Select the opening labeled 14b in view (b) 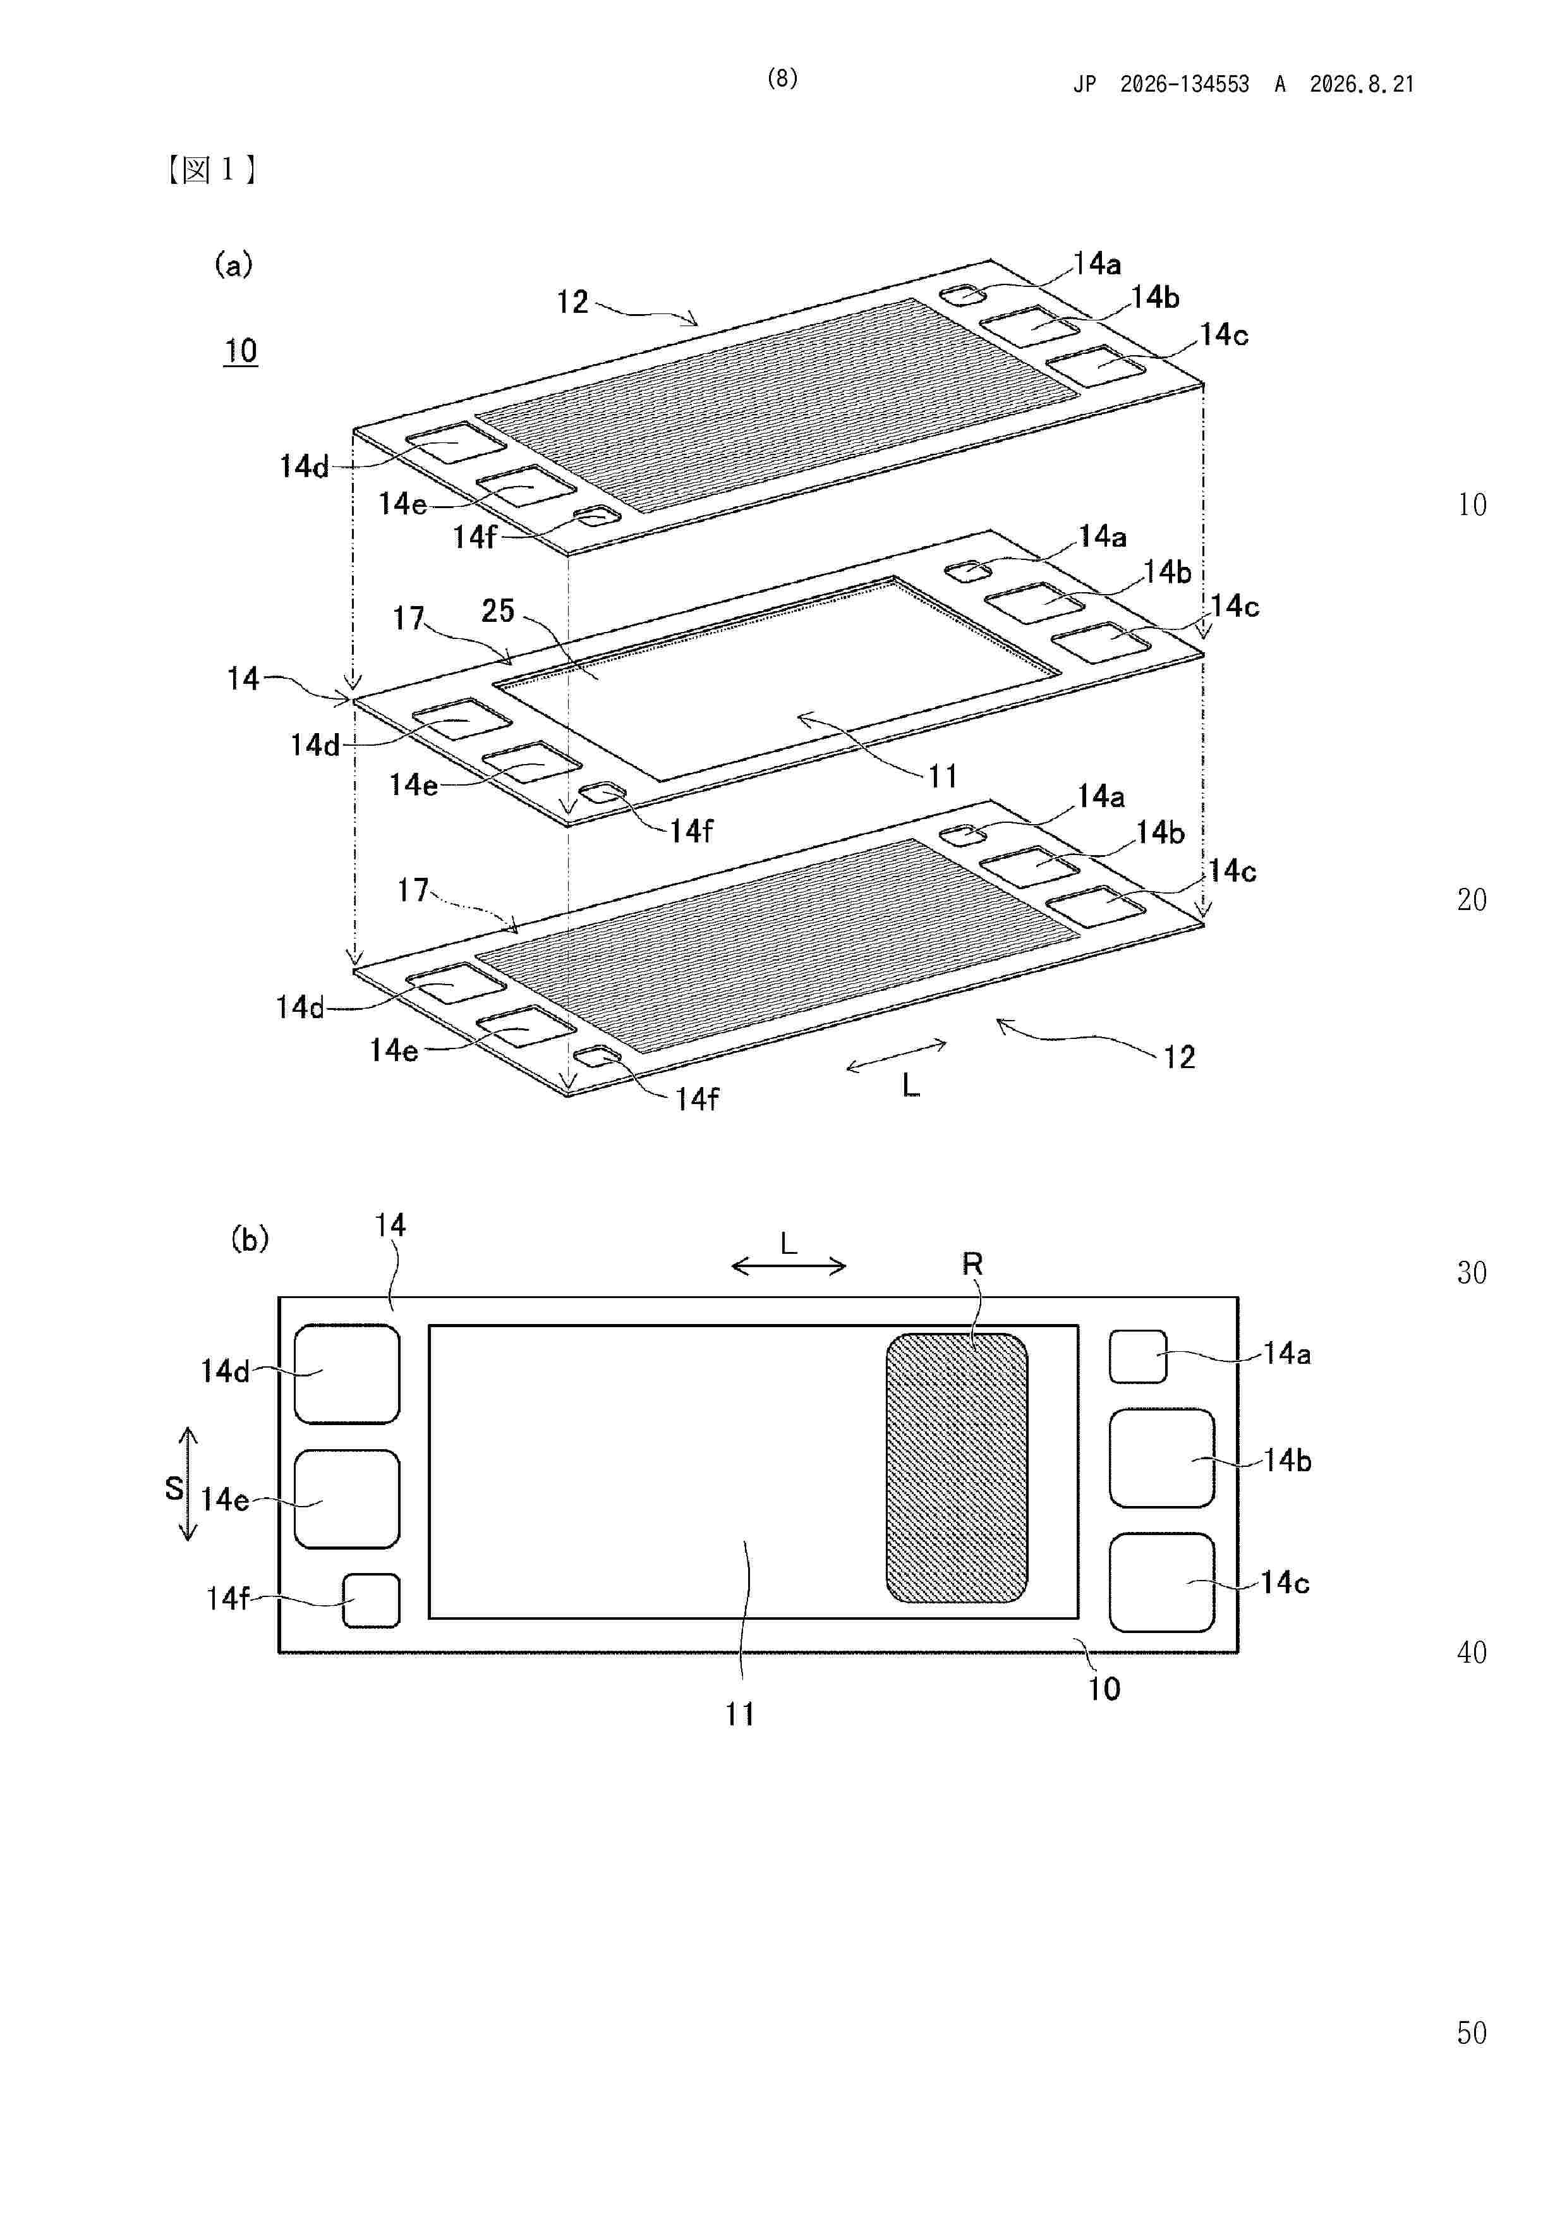point(1161,1458)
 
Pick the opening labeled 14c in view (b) point(1161,1582)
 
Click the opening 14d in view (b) point(347,1374)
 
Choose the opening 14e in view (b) point(347,1498)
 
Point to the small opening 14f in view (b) point(372,1600)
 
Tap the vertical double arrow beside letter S point(189,1483)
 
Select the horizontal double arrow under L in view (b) point(789,1266)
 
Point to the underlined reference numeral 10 point(240,351)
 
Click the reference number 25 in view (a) point(497,610)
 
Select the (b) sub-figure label point(249,1239)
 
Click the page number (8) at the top point(782,78)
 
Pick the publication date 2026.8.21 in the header point(1362,84)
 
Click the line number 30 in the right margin point(1472,1273)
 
